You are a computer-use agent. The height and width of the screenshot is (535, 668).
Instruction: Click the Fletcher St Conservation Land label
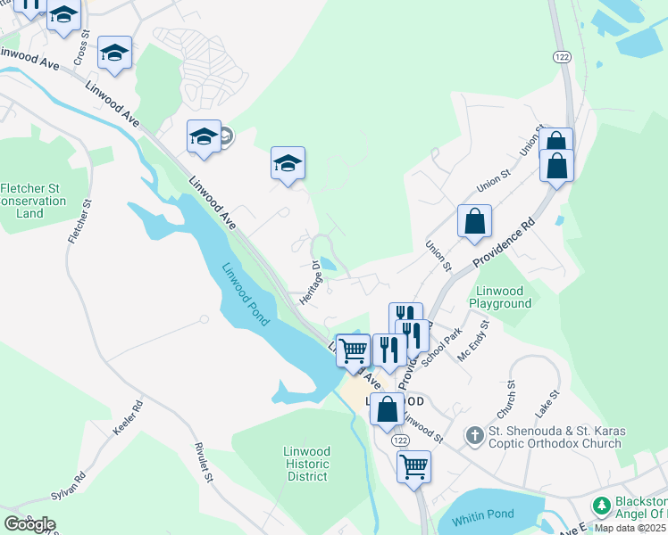tap(34, 201)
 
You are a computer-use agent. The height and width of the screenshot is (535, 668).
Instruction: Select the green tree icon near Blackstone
tap(602, 506)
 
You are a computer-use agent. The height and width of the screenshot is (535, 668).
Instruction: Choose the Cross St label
tap(82, 49)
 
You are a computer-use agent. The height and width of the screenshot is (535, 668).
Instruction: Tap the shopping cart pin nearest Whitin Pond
tap(414, 466)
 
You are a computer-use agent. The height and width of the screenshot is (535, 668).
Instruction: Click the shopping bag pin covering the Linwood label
tap(388, 410)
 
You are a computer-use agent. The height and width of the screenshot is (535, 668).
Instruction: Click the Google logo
tap(29, 523)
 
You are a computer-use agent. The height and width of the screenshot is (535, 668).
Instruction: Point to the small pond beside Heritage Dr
tap(328, 264)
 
